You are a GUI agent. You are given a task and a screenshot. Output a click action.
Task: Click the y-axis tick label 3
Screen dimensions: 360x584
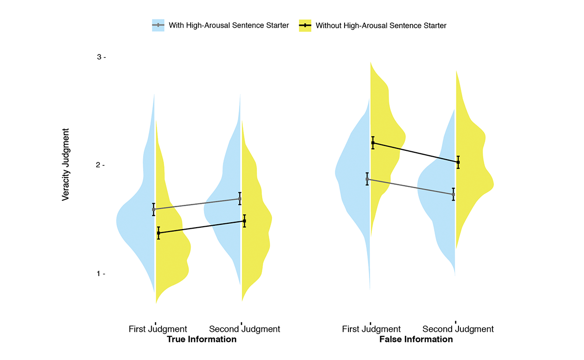coord(99,57)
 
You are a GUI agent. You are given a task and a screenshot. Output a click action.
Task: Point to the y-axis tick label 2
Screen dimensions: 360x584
coord(99,165)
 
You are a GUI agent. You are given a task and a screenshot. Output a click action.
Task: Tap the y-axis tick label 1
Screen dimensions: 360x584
coord(99,274)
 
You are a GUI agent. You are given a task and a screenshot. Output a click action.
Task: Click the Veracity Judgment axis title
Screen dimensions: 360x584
coord(66,164)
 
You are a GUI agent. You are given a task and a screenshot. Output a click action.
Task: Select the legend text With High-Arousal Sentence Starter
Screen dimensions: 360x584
coord(229,25)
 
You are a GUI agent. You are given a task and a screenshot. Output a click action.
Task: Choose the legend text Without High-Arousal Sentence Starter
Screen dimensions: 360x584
coord(381,25)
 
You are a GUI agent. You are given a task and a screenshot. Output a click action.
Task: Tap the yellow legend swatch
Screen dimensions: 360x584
coord(305,25)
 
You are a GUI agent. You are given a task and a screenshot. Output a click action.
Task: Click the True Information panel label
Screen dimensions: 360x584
coord(201,340)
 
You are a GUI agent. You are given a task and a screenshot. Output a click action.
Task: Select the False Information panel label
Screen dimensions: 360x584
coord(416,340)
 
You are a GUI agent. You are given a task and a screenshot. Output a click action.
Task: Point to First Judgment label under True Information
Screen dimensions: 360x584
coord(158,329)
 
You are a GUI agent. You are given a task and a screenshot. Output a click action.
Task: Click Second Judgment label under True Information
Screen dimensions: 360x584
coord(244,329)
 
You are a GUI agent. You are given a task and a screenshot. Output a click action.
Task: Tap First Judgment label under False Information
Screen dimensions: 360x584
coord(371,329)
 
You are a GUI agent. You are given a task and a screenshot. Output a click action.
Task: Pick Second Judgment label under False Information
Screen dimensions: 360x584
coord(458,329)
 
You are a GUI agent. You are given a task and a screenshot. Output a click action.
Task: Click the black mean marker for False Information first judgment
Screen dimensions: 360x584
coord(373,143)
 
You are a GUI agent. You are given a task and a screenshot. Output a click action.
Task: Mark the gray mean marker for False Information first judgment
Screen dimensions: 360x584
coord(367,179)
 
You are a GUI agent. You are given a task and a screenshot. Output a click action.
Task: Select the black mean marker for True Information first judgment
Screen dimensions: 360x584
coord(158,233)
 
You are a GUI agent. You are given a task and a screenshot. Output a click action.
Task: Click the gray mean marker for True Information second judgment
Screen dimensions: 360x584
coord(239,198)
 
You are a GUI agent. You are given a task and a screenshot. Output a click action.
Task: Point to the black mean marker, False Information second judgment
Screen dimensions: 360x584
coord(458,162)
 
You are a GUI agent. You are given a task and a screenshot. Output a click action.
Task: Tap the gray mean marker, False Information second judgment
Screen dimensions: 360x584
coord(453,194)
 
